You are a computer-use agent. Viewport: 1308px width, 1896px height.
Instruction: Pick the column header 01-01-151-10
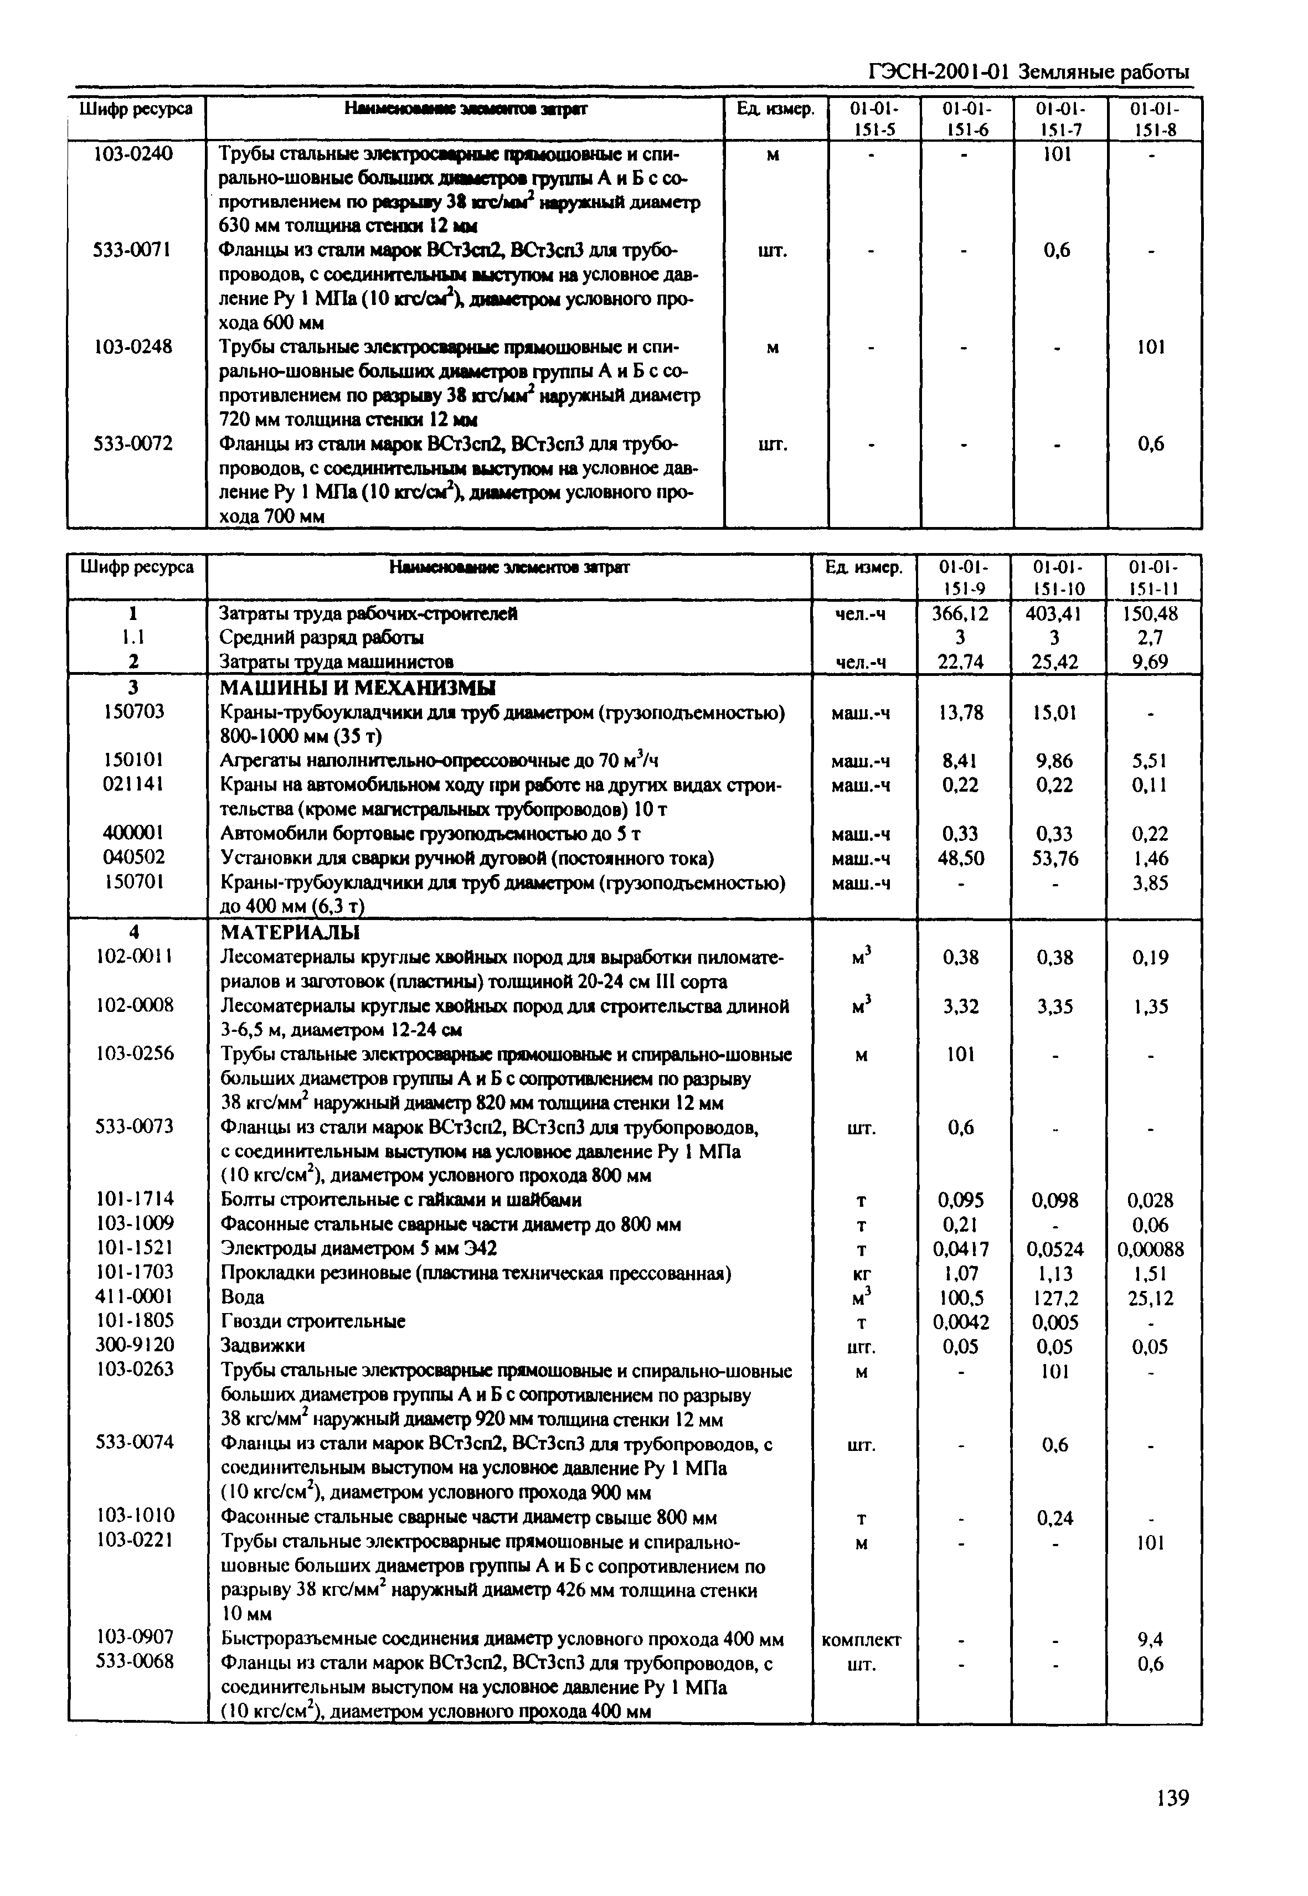[x=1057, y=577]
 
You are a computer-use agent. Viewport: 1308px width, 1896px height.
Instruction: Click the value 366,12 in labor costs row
[x=961, y=614]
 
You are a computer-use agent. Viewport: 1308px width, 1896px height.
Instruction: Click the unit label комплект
[x=861, y=1640]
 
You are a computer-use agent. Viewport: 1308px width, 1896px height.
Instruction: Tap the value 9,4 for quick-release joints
[x=1151, y=1640]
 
